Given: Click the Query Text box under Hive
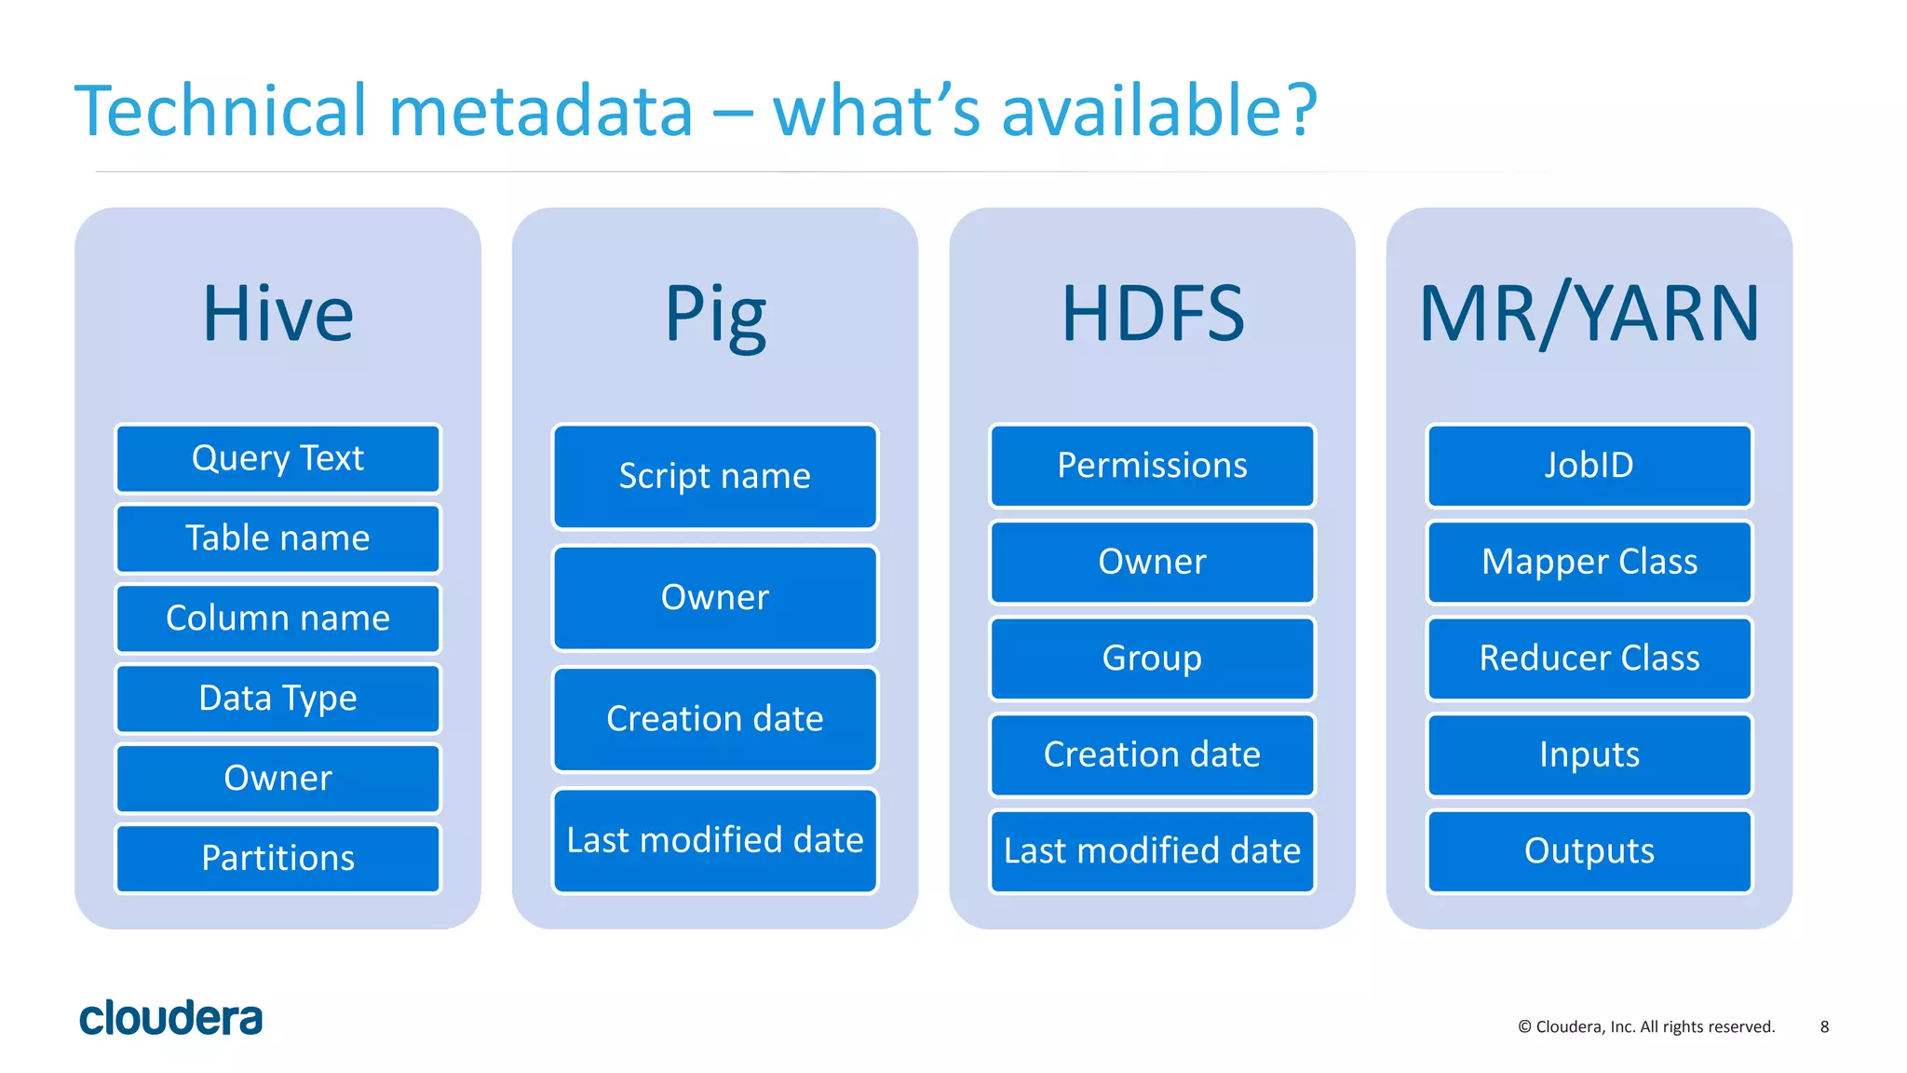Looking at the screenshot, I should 277,458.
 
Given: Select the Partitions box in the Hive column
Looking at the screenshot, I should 277,858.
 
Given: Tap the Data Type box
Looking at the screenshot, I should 277,699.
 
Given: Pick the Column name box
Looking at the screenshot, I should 277,618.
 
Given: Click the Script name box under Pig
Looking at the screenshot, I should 714,476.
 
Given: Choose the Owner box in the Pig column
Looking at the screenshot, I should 714,598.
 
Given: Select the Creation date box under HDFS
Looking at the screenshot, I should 1152,754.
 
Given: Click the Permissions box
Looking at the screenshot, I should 1152,466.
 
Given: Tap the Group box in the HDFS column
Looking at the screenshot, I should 1152,659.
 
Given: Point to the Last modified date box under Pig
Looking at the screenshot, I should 714,840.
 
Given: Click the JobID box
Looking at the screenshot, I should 1589,466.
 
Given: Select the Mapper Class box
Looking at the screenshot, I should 1589,562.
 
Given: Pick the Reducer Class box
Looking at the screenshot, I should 1589,659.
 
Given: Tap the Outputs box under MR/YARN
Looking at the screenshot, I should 1589,851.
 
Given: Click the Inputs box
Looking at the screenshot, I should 1589,754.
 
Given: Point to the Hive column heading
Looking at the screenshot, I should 277,314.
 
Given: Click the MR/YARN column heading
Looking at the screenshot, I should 1589,314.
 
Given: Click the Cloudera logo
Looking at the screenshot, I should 171,1018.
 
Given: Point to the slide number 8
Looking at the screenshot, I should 1824,1026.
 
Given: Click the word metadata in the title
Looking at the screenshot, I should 540,111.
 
